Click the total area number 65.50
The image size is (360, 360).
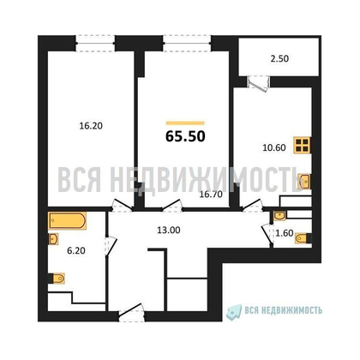tap(183, 135)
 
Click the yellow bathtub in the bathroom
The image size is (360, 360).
tap(64, 221)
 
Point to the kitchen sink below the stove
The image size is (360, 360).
tap(306, 181)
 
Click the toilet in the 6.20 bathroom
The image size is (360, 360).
tap(57, 277)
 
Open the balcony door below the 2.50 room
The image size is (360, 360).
tap(255, 82)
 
